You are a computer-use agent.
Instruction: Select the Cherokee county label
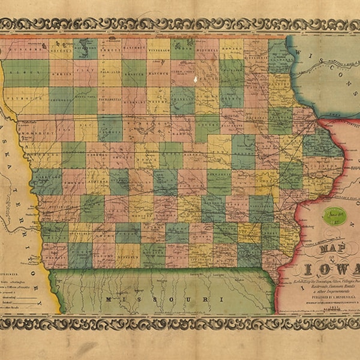click(61, 94)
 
